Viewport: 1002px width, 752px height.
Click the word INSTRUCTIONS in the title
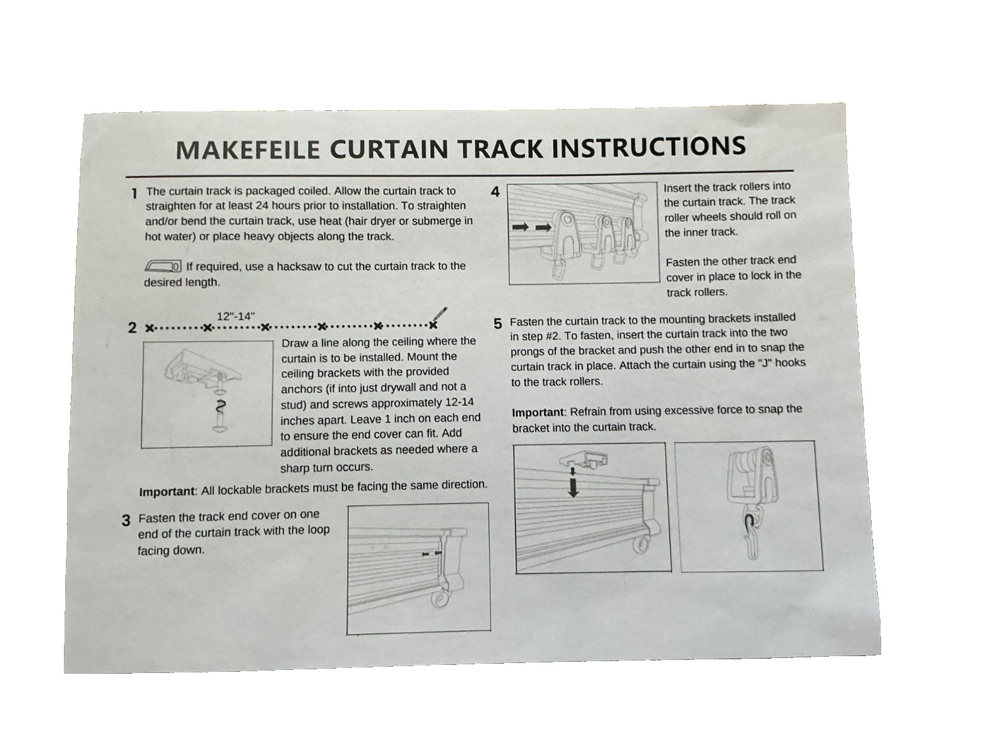click(x=649, y=146)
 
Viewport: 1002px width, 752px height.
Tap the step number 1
click(x=134, y=194)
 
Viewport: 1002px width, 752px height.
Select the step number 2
click(x=132, y=327)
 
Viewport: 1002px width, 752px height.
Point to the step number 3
click(x=126, y=520)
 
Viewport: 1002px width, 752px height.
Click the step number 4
click(x=495, y=192)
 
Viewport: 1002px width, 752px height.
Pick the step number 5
click(x=498, y=324)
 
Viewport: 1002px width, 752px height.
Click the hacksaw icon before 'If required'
click(x=163, y=266)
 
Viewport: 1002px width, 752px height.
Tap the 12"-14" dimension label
click(x=235, y=316)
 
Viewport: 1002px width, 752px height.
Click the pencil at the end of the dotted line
click(x=440, y=315)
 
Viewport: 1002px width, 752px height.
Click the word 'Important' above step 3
click(x=167, y=492)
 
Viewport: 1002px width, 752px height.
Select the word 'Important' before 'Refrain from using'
click(x=539, y=412)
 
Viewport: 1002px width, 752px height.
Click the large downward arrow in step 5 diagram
click(x=574, y=487)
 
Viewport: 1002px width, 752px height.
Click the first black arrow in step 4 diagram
click(x=521, y=227)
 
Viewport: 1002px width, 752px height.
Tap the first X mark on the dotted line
click(x=149, y=328)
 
